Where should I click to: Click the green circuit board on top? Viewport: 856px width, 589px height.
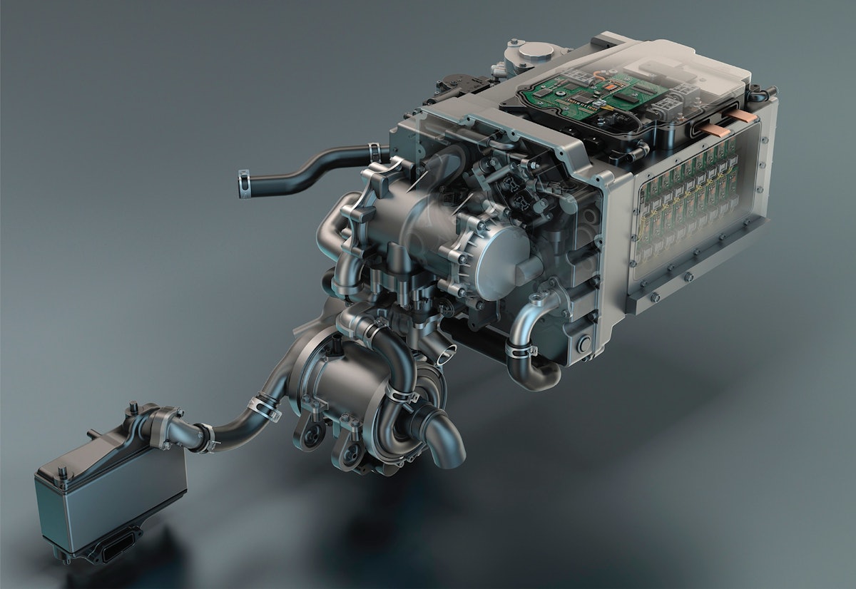coord(571,93)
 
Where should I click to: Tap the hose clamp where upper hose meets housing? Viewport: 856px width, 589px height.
coord(372,152)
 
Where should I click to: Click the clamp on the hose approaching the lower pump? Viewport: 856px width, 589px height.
coord(263,409)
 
